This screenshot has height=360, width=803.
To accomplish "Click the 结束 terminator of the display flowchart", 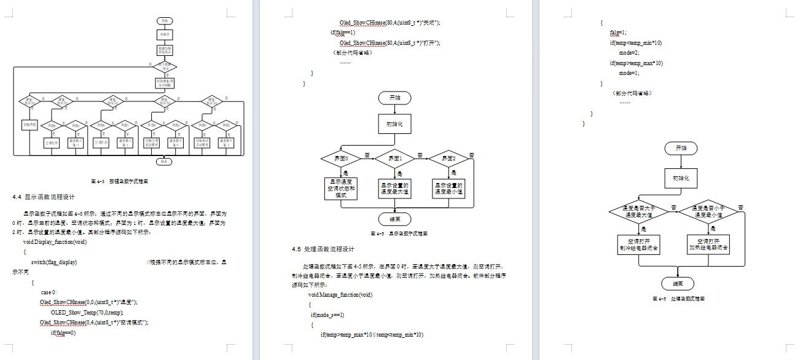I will [x=394, y=219].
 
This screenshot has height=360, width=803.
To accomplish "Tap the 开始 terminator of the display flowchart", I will [x=394, y=98].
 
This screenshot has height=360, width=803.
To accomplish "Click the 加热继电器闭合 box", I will [x=708, y=244].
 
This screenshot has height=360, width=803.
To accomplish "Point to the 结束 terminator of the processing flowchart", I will [x=678, y=283].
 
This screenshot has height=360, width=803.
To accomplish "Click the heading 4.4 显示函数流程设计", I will [x=44, y=197].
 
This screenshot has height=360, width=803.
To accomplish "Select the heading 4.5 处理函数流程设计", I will [x=323, y=249].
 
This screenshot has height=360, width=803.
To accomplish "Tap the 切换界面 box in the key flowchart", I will [x=30, y=125].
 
